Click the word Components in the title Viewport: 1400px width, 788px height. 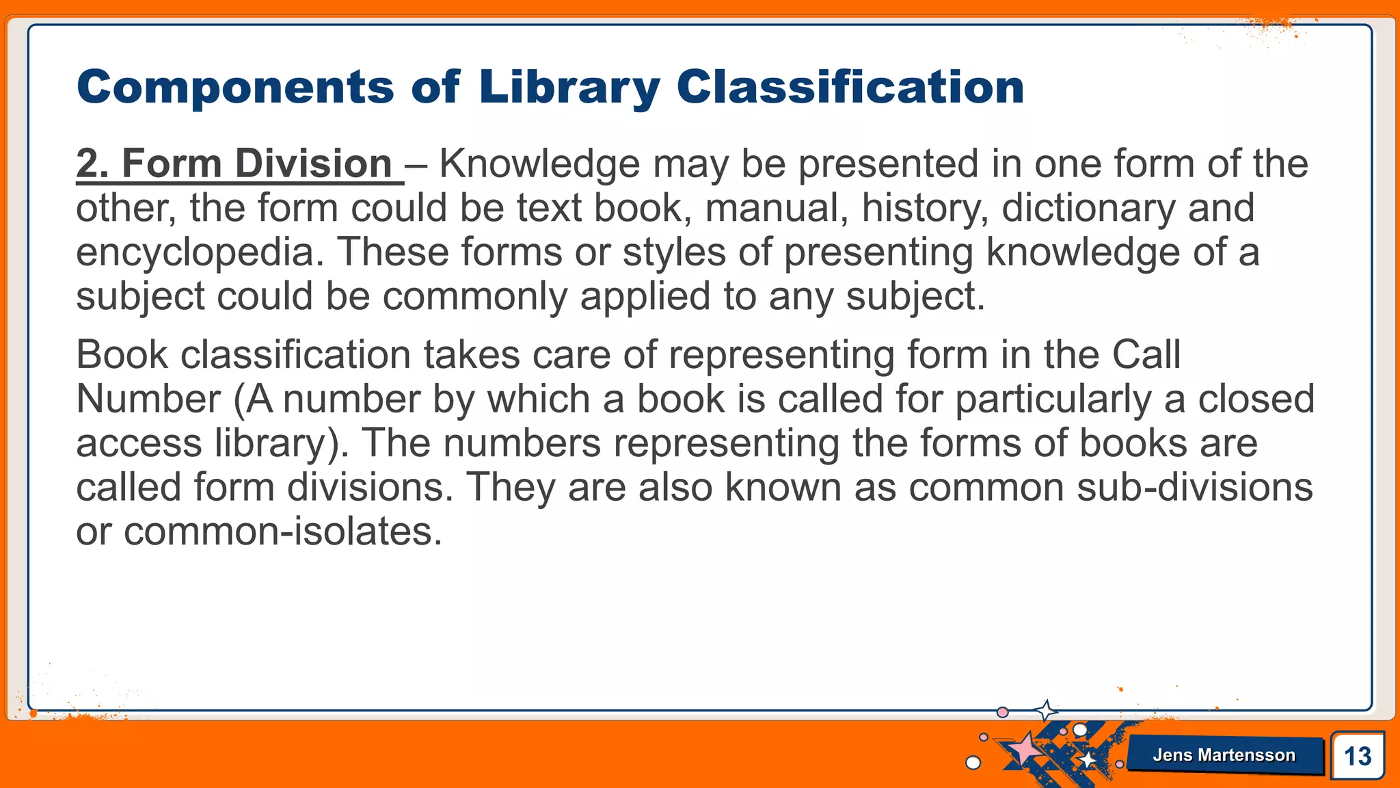[235, 88]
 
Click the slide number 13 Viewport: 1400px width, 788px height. [1357, 757]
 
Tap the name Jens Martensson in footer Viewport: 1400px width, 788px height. [1224, 755]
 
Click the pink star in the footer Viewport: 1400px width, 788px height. [1023, 749]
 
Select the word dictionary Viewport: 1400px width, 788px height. [1088, 208]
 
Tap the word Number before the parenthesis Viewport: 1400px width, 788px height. [148, 399]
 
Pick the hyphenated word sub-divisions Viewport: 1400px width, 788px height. [1194, 488]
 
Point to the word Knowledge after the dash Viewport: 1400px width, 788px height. [539, 164]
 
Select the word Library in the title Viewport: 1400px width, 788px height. [569, 88]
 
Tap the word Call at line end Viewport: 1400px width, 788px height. [1146, 355]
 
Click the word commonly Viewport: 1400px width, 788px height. [474, 297]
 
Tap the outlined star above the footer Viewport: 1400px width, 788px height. [1045, 711]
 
